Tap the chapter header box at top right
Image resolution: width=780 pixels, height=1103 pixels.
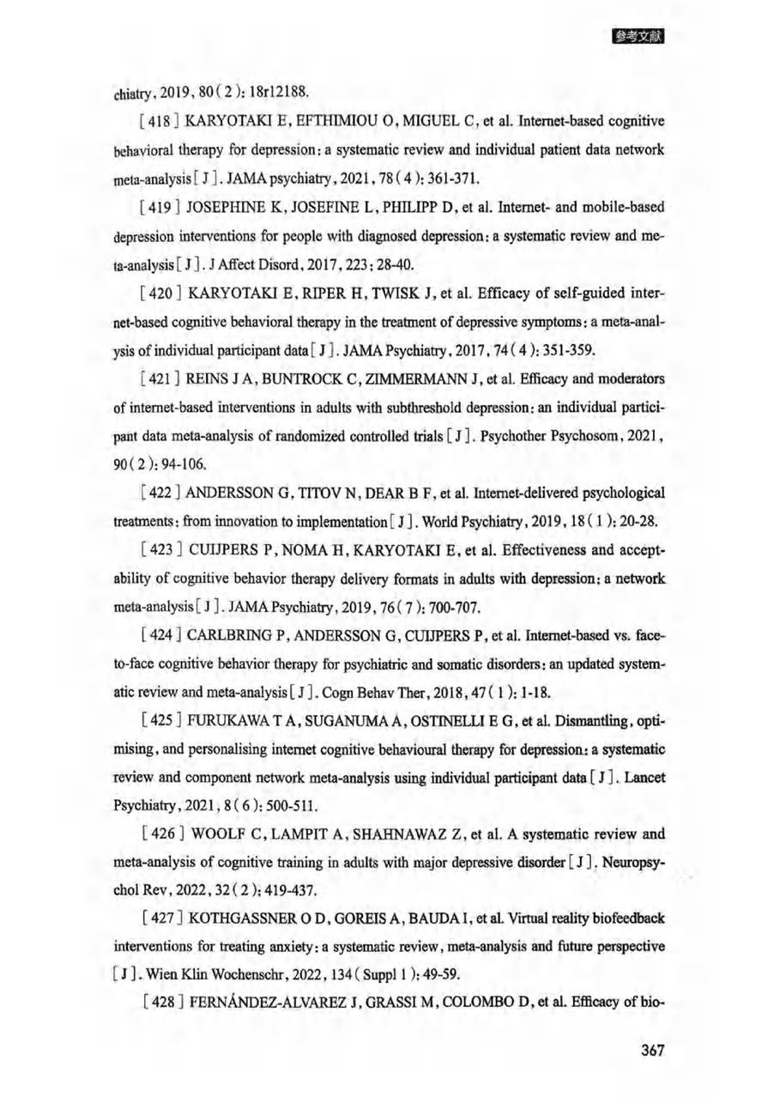639,37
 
